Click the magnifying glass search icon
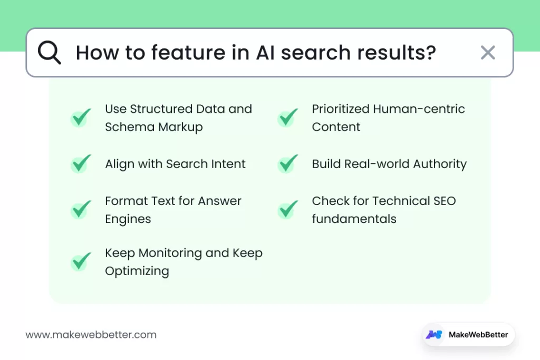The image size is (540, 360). pos(49,53)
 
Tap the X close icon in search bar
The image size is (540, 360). pos(488,53)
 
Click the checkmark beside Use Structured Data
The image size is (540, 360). pos(81,118)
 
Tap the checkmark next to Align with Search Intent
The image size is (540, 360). pos(81,164)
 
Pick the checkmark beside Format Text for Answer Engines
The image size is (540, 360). pos(81,210)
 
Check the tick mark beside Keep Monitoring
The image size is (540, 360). pos(81,261)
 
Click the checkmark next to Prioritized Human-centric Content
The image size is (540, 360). pos(287,118)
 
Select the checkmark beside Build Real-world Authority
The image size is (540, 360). pos(287,164)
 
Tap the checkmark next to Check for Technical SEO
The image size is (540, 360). pos(287,210)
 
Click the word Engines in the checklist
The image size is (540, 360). pos(128,219)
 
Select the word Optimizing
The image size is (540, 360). pos(137,271)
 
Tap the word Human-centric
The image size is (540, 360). pos(419,109)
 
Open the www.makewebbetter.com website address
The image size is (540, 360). pos(91,335)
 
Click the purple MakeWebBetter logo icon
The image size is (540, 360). pos(435,335)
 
